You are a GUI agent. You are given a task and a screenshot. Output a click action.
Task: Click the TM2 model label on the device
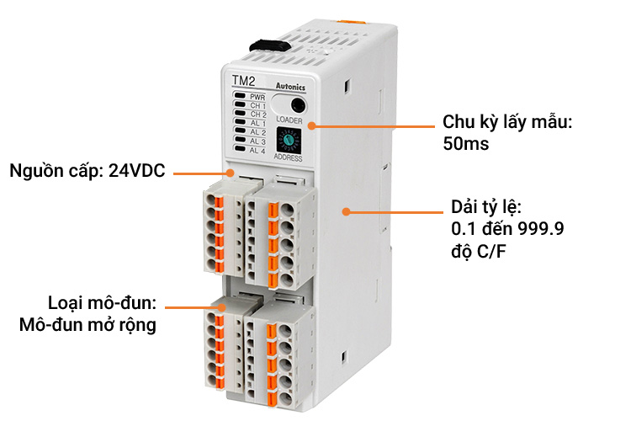click(243, 82)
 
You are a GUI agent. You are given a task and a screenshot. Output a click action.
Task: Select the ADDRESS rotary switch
click(294, 139)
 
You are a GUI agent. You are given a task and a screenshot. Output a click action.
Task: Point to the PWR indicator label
click(257, 98)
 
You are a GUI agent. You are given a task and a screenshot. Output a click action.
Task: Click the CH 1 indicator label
click(257, 106)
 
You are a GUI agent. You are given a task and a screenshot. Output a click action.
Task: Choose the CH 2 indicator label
click(257, 115)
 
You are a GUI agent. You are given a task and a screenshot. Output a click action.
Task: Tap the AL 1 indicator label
click(257, 124)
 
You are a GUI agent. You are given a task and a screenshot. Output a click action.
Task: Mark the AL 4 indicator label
click(257, 150)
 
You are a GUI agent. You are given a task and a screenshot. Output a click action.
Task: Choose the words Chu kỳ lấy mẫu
click(507, 122)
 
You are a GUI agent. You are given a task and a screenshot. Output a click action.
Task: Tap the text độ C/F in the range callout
click(482, 252)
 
